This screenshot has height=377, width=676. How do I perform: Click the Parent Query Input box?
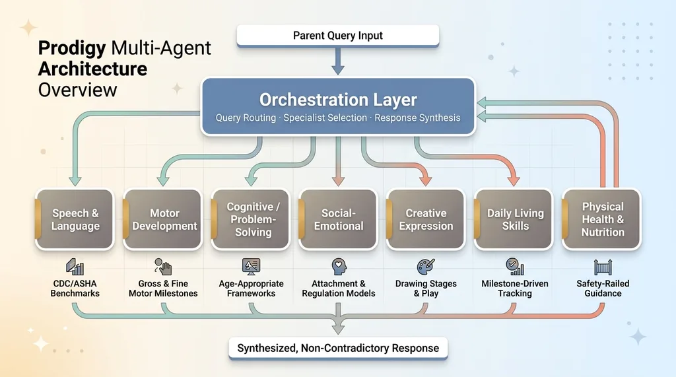coord(337,36)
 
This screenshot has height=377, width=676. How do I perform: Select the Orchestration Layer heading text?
coord(338,100)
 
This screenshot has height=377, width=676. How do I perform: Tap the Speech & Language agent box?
coord(75,220)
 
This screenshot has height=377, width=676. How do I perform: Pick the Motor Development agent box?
coord(164,220)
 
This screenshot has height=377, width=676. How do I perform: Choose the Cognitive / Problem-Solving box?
coord(252,220)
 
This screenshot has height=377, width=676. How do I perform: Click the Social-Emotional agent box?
coord(339,220)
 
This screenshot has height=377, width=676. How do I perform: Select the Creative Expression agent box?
coord(426,220)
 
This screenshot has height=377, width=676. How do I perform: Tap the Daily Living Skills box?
coord(514,220)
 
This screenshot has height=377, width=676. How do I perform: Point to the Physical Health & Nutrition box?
coord(602,220)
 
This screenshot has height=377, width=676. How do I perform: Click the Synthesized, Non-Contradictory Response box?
coord(338,347)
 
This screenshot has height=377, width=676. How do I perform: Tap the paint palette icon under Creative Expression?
coord(426,267)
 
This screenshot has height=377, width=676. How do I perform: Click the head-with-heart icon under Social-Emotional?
coord(339,267)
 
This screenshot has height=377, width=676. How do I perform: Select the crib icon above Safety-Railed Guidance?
coord(603,267)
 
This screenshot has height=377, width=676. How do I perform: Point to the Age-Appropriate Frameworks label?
coord(252,289)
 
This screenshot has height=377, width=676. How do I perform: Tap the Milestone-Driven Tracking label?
coord(514,289)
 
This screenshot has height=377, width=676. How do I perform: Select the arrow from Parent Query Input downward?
coord(337,61)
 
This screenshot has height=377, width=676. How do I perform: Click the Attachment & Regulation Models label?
coord(339,289)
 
